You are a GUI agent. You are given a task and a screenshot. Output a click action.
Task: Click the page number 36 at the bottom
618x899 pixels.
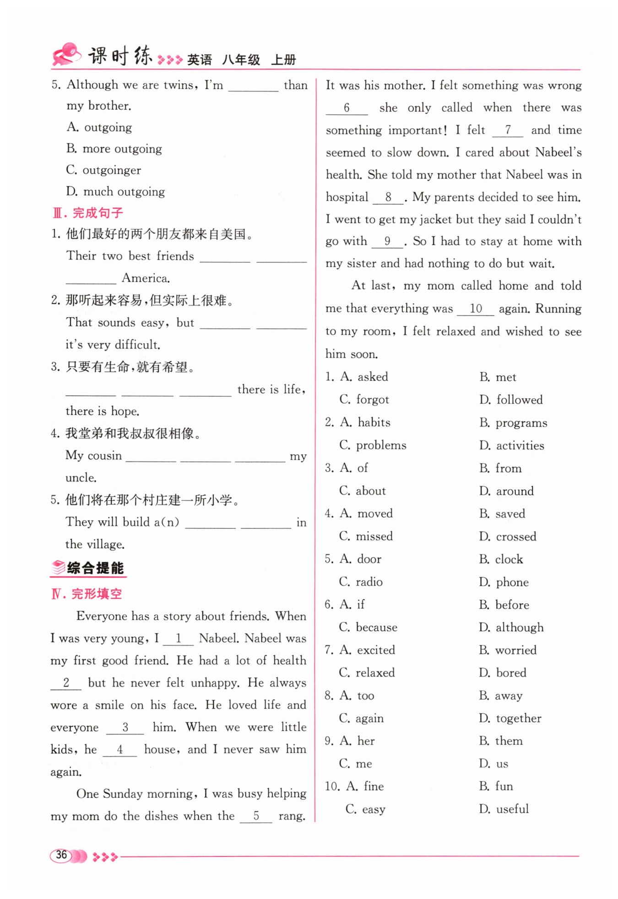point(61,855)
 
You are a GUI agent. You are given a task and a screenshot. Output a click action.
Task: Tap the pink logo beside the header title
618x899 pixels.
point(67,54)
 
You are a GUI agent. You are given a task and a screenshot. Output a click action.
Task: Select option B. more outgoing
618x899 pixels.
point(114,149)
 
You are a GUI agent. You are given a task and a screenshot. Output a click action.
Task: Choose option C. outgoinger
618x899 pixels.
point(103,170)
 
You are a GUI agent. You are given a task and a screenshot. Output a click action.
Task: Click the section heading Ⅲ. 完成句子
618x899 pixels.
point(88,213)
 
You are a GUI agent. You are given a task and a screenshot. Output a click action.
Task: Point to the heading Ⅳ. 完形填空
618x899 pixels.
point(87,594)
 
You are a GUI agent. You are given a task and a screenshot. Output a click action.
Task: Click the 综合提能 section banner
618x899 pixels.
point(88,568)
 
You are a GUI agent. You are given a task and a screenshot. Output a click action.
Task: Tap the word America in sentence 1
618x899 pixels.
point(146,278)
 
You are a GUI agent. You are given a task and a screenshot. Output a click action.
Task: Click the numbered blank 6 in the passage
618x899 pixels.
point(347,108)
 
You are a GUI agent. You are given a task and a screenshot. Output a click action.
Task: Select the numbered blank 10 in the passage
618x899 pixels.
point(476,309)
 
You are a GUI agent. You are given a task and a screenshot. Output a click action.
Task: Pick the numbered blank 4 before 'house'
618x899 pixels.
point(119,749)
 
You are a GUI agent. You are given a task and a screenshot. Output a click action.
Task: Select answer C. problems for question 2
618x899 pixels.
point(373,445)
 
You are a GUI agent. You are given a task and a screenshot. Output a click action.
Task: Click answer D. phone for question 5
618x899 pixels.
point(504,582)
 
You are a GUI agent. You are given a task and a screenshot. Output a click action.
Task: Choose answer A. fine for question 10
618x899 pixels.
point(365,786)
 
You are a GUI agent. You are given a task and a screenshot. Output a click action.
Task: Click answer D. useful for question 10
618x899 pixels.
point(504,809)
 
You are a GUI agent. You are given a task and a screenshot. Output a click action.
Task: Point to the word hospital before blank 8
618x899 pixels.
point(347,197)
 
